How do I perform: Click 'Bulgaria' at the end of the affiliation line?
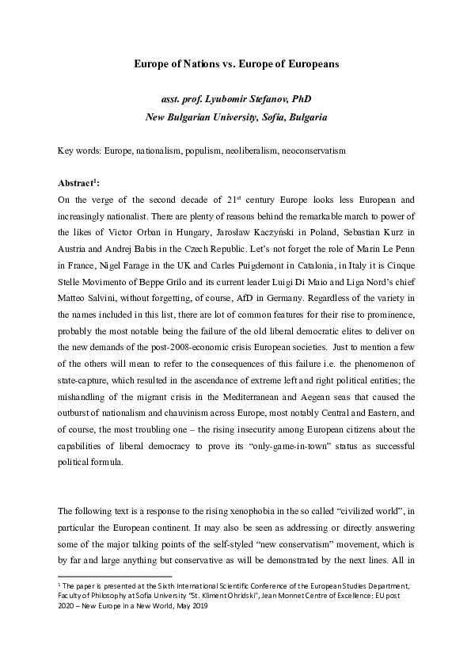point(306,117)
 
